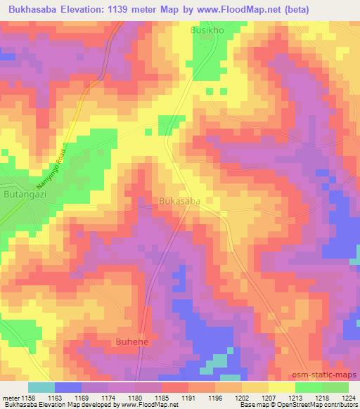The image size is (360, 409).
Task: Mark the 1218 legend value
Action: tap(321, 398)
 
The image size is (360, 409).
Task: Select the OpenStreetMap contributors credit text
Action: tap(323, 405)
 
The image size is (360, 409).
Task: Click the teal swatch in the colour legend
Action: tap(41, 387)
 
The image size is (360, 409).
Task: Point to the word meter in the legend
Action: tap(11, 398)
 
